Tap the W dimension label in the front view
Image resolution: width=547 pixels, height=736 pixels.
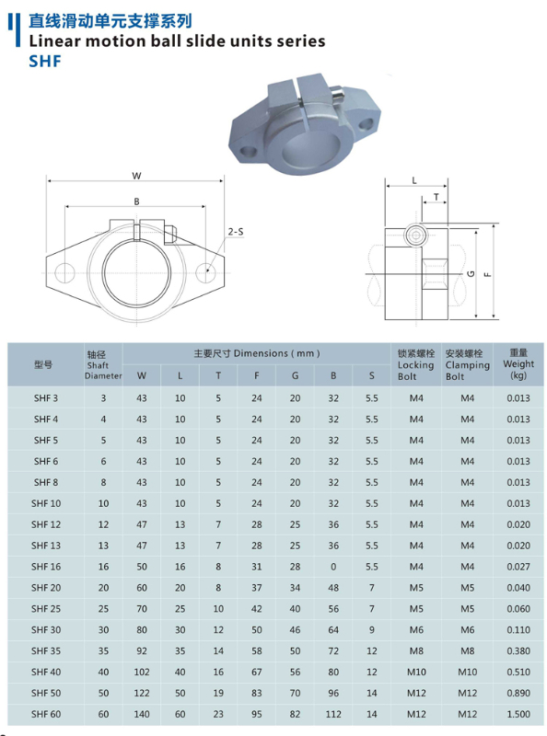(x=135, y=175)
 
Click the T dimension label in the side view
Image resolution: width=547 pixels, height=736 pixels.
(x=436, y=197)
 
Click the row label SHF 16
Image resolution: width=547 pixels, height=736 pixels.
(x=45, y=566)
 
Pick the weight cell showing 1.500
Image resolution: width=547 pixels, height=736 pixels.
(x=518, y=713)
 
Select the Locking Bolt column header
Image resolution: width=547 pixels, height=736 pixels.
(x=415, y=364)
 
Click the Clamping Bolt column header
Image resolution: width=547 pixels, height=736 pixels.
(x=467, y=364)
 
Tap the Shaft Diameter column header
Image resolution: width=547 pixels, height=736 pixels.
(x=103, y=364)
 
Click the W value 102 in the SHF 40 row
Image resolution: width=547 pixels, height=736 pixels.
(x=141, y=671)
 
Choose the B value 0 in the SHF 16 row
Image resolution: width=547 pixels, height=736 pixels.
(x=333, y=566)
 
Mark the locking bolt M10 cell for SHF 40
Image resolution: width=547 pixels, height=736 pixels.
(x=415, y=671)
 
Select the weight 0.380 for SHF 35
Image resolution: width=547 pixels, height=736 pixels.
(x=518, y=650)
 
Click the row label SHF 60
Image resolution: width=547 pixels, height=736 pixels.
(x=45, y=713)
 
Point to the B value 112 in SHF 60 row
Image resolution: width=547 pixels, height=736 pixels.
(x=333, y=713)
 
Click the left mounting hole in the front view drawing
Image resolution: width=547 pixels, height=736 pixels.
(x=66, y=271)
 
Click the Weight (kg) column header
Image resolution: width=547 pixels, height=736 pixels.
(x=518, y=364)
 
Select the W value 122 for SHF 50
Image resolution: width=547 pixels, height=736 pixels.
(x=141, y=692)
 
